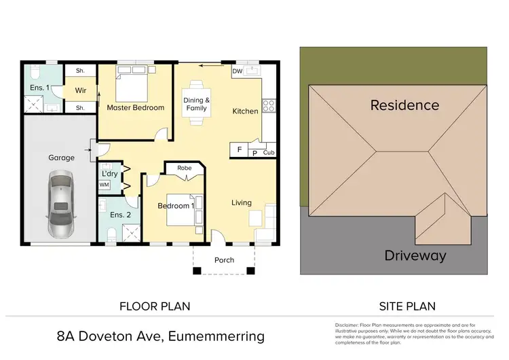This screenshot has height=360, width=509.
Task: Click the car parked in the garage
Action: coord(60,204)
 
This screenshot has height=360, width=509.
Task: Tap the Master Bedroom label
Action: coord(136,107)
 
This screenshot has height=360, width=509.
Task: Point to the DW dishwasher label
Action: coord(238,71)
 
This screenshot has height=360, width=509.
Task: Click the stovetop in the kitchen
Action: coord(268,106)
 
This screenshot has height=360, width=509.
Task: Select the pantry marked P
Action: coord(255,154)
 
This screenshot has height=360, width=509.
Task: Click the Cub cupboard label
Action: coord(269,154)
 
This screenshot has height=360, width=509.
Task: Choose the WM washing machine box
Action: coord(105,185)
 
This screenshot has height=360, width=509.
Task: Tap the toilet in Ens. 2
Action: coord(111,234)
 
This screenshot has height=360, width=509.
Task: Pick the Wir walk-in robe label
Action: coord(80,90)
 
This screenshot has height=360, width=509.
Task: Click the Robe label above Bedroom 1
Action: coord(184,167)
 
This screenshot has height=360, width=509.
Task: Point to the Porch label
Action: coord(224,260)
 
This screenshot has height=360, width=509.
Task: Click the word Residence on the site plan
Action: coord(404,105)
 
